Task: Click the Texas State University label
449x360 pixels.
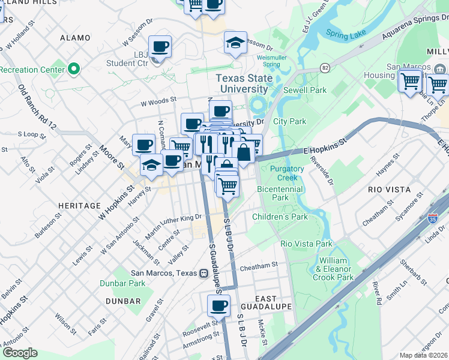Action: [x=244, y=83]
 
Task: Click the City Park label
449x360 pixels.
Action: [x=290, y=121]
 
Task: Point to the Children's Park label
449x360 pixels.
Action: [x=280, y=217]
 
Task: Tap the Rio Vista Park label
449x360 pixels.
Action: [x=306, y=244]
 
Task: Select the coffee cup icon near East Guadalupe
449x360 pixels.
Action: [x=218, y=306]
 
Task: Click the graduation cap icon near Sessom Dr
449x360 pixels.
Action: [x=235, y=43]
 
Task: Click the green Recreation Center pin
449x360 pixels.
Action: [x=74, y=70]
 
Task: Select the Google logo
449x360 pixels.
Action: [x=20, y=353]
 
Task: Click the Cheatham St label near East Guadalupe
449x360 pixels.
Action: [x=259, y=264]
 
